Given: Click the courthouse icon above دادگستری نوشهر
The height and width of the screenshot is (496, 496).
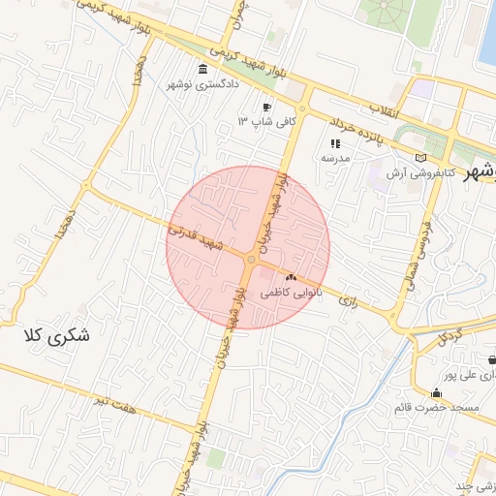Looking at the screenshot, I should click(x=201, y=69).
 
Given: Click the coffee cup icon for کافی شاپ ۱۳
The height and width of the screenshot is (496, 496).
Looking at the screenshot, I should click(x=266, y=107).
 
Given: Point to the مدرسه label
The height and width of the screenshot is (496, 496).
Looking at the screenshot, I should click(x=335, y=157).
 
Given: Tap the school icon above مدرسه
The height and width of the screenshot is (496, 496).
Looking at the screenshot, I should click(x=335, y=143).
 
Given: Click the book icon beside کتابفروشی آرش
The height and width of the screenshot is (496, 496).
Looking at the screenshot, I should click(x=419, y=157).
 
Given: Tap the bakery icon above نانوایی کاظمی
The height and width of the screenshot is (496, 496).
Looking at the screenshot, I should click(x=291, y=277).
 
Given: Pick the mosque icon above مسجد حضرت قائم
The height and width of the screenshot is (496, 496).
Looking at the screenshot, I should click(x=436, y=393).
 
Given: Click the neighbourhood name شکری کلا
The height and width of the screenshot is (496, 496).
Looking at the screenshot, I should click(x=56, y=338).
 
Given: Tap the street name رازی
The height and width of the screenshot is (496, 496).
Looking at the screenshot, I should click(x=348, y=302).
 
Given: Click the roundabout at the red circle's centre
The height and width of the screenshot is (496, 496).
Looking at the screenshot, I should click(x=251, y=260).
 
